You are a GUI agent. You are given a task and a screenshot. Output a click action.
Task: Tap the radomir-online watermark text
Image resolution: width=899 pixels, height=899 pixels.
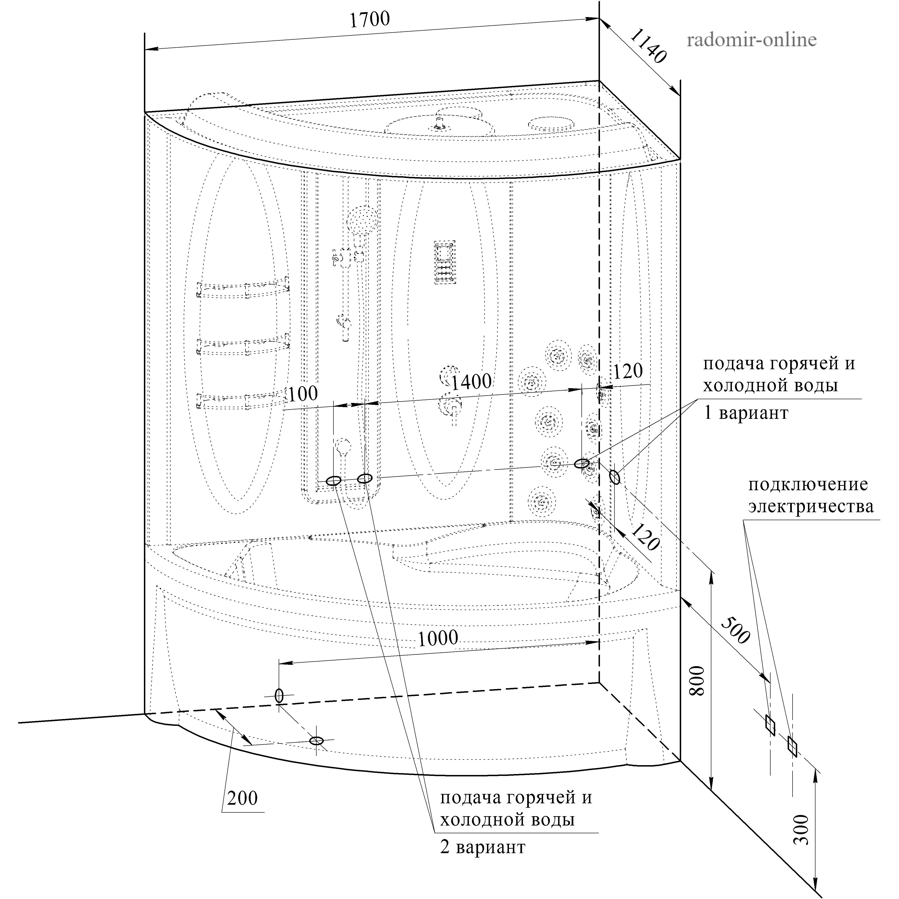[752, 40]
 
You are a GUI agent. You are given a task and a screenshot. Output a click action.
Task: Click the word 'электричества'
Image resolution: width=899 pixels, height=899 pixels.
[811, 507]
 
